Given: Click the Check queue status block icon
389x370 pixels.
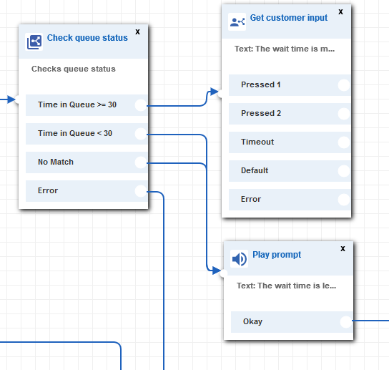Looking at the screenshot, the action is coord(34,42).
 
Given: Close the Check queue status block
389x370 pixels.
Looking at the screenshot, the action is coord(138,31).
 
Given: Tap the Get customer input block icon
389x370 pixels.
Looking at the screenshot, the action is coord(237,22).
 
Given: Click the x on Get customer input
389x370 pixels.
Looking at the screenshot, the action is coord(340,11).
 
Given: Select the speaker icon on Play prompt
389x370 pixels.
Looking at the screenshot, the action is coord(239,259).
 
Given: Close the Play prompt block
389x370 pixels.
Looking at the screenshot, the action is coord(343,248).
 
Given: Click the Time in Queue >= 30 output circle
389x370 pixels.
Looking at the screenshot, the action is coord(141,105).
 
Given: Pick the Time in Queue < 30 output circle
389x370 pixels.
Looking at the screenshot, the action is coord(141,134).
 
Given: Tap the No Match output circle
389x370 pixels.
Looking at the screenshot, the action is coord(141,162).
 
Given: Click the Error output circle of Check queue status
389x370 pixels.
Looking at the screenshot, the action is coord(141,191).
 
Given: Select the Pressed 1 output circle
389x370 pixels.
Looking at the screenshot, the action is coord(344,85).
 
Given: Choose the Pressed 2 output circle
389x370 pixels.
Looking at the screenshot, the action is coord(344,114).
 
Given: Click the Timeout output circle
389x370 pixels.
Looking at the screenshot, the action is coord(344,142).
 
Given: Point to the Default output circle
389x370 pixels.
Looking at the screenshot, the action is coord(344,171).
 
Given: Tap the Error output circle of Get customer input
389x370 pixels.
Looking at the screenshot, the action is coord(344,200).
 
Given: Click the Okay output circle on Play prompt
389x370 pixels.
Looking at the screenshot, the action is coord(346,322).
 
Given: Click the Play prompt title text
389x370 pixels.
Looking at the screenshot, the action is coord(277,255).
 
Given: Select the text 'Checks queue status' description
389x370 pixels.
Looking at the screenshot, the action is coord(74,69).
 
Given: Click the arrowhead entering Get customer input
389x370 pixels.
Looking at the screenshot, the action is coord(214,92).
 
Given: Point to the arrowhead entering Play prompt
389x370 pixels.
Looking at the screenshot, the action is coord(217,271).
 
